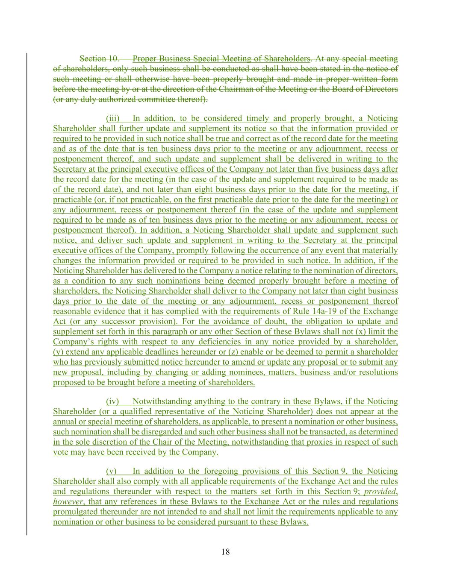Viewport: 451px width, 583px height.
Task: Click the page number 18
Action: pyautogui.click(x=225, y=552)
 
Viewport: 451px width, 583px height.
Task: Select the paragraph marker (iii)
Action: pyautogui.click(x=113, y=118)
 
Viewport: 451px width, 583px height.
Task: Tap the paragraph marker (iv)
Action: pyautogui.click(x=112, y=401)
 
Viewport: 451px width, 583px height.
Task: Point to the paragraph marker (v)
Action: pyautogui.click(x=111, y=471)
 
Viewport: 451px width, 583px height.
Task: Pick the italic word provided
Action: pyautogui.click(x=380, y=492)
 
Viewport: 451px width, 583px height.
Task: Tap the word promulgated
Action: pyautogui.click(x=75, y=512)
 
